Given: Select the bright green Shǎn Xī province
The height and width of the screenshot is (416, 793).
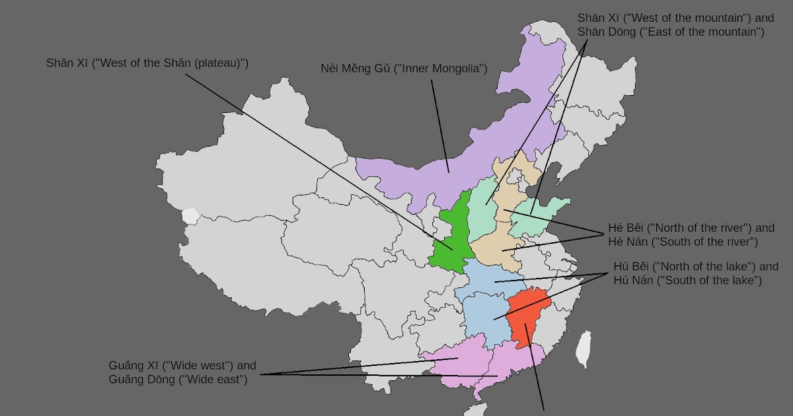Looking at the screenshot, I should pyautogui.click(x=449, y=238).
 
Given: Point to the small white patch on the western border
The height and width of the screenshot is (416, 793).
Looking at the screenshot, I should pyautogui.click(x=190, y=216).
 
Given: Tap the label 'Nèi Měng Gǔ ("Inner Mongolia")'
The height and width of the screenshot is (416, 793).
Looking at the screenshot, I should pyautogui.click(x=404, y=69).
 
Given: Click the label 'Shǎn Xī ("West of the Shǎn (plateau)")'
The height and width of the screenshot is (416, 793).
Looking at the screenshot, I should pyautogui.click(x=147, y=63).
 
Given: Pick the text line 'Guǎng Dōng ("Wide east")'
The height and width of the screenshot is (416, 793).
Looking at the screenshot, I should pyautogui.click(x=178, y=379).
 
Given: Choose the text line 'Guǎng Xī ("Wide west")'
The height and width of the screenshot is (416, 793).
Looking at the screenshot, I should pyautogui.click(x=182, y=365).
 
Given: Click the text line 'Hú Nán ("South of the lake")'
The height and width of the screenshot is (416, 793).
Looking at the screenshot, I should pyautogui.click(x=687, y=281).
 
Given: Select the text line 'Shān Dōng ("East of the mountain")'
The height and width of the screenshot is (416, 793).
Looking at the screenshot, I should pyautogui.click(x=671, y=31).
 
